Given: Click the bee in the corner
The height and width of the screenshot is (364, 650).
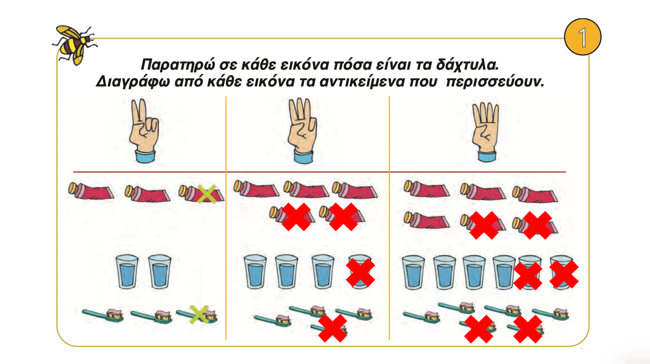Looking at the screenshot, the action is click(75, 45).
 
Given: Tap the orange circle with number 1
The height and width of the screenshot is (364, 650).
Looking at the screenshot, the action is click(583, 37).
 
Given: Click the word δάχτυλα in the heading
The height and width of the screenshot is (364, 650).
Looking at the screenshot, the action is click(467, 65).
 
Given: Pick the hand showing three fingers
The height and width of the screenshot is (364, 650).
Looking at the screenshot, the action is click(302, 131).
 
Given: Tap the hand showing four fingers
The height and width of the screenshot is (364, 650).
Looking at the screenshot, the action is click(486, 132).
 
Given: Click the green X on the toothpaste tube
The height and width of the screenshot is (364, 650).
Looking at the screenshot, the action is click(207, 194).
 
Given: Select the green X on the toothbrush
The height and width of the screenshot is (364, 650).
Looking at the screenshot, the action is click(199, 314).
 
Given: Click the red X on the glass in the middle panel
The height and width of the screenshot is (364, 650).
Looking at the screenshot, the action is click(361, 272).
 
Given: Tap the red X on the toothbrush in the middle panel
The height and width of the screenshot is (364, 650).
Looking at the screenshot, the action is click(332, 328).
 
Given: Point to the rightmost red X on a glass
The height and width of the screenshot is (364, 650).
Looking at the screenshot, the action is click(564, 274).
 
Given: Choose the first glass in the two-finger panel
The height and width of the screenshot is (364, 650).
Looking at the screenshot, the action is click(127, 272).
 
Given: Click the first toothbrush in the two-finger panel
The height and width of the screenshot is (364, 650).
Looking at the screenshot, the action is click(103, 315).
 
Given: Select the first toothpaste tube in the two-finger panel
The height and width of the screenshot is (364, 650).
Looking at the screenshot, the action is click(91, 191).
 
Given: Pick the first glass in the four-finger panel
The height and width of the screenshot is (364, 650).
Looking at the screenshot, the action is click(413, 272).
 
